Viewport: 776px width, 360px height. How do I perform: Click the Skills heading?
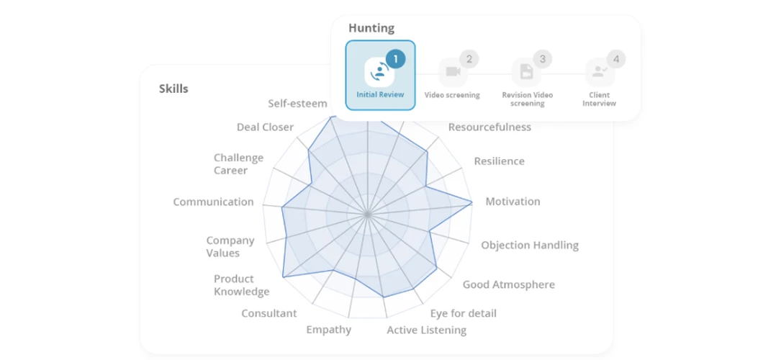pyautogui.click(x=173, y=89)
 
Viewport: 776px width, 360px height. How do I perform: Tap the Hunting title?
pyautogui.click(x=371, y=28)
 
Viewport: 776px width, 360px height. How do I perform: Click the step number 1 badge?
pyautogui.click(x=395, y=59)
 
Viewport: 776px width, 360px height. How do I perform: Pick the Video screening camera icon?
pyautogui.click(x=453, y=72)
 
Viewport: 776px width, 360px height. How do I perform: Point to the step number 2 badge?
pyautogui.click(x=469, y=60)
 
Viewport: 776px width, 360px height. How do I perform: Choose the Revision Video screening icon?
pyautogui.click(x=526, y=72)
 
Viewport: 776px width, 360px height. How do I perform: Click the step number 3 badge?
pyautogui.click(x=543, y=60)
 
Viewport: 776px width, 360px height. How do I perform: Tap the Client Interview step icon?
pyautogui.click(x=600, y=72)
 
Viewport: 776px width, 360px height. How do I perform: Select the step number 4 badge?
pyautogui.click(x=616, y=60)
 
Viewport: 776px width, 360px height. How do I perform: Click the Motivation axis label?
pyautogui.click(x=513, y=202)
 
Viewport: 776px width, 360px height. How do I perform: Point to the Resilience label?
pyautogui.click(x=499, y=161)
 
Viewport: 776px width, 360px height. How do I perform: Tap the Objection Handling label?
pyautogui.click(x=530, y=245)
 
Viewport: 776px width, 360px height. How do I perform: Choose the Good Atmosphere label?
pyautogui.click(x=509, y=284)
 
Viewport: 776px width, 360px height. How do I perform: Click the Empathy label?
pyautogui.click(x=328, y=330)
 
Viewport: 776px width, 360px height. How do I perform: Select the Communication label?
pyautogui.click(x=213, y=202)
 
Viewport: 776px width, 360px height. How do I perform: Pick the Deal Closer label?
pyautogui.click(x=265, y=127)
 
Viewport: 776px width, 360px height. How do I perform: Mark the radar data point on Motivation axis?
pyautogui.click(x=471, y=202)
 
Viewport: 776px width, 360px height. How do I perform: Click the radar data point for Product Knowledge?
pyautogui.click(x=283, y=276)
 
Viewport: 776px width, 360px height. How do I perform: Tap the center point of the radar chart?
pyautogui.click(x=367, y=215)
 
